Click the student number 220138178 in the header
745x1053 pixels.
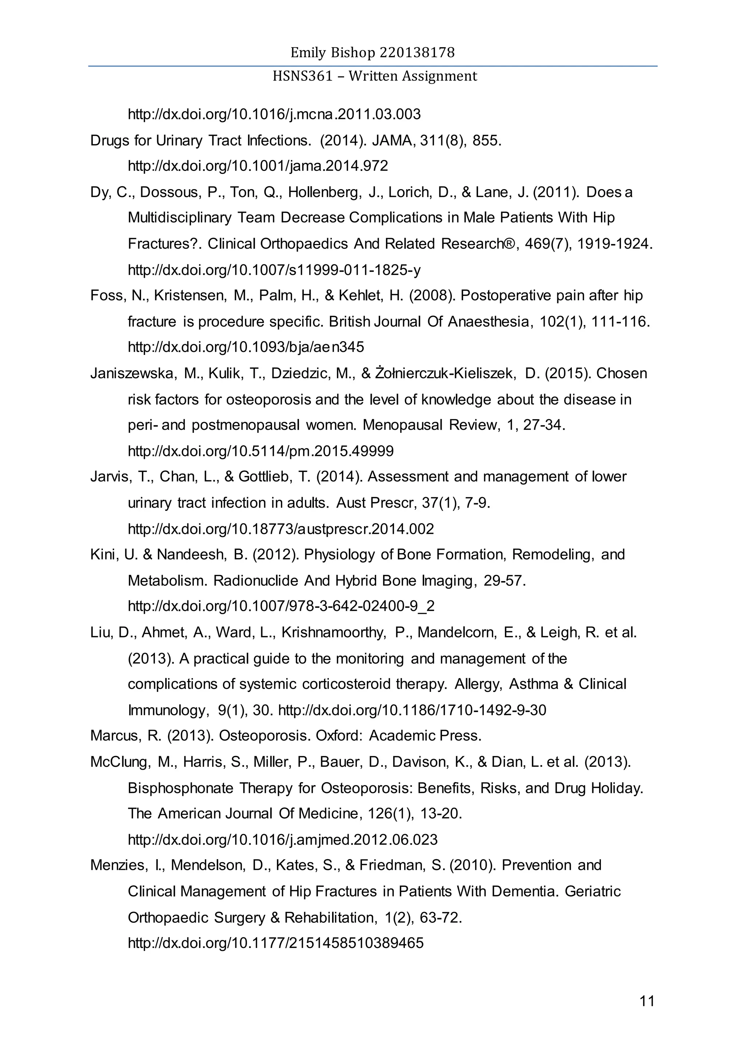coord(417,53)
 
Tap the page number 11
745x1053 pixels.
coord(647,1001)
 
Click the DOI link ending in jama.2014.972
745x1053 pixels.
coord(258,165)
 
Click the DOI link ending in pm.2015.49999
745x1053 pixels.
coord(260,451)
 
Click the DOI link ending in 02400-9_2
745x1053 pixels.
coord(281,606)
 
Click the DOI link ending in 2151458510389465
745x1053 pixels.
coord(276,943)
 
